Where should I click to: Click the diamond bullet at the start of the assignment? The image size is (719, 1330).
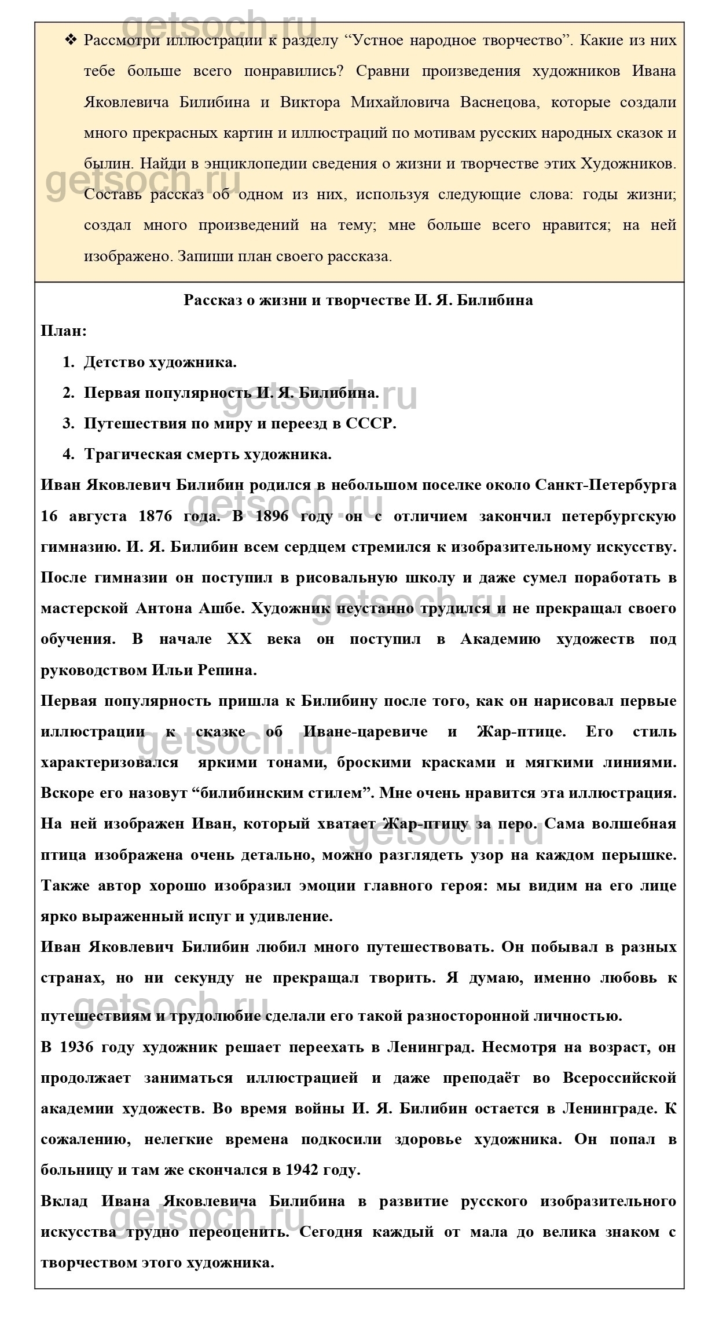pos(71,41)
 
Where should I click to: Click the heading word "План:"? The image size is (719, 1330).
pos(64,332)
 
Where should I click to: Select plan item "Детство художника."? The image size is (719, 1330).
pos(160,362)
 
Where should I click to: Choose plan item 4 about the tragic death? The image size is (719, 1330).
pos(208,455)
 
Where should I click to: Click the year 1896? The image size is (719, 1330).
pos(270,516)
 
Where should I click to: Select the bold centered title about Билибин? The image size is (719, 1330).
pos(358,301)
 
